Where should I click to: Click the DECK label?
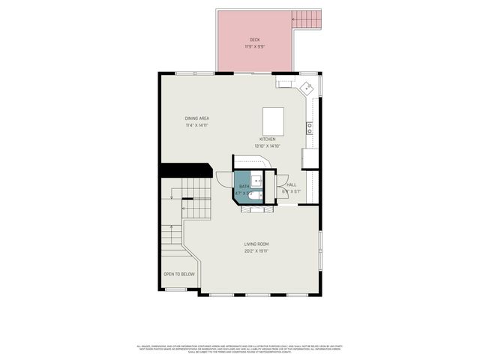click(255, 40)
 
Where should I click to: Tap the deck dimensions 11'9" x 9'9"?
click(255, 46)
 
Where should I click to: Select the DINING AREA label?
click(197, 118)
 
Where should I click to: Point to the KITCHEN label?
click(268, 139)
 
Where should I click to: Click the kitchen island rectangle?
click(273, 119)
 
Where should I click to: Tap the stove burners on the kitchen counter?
click(309, 127)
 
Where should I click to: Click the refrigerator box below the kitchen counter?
click(310, 158)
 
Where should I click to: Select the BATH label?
click(244, 186)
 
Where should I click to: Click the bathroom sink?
click(256, 180)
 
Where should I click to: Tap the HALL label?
click(291, 184)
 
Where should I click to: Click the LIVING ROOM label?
click(256, 244)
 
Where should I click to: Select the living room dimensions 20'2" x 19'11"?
click(256, 251)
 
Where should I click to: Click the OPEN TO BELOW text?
click(179, 274)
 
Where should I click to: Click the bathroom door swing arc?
click(223, 179)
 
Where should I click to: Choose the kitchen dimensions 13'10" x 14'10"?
click(268, 146)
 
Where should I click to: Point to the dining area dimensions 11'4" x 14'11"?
click(197, 125)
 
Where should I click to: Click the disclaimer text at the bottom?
click(239, 349)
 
